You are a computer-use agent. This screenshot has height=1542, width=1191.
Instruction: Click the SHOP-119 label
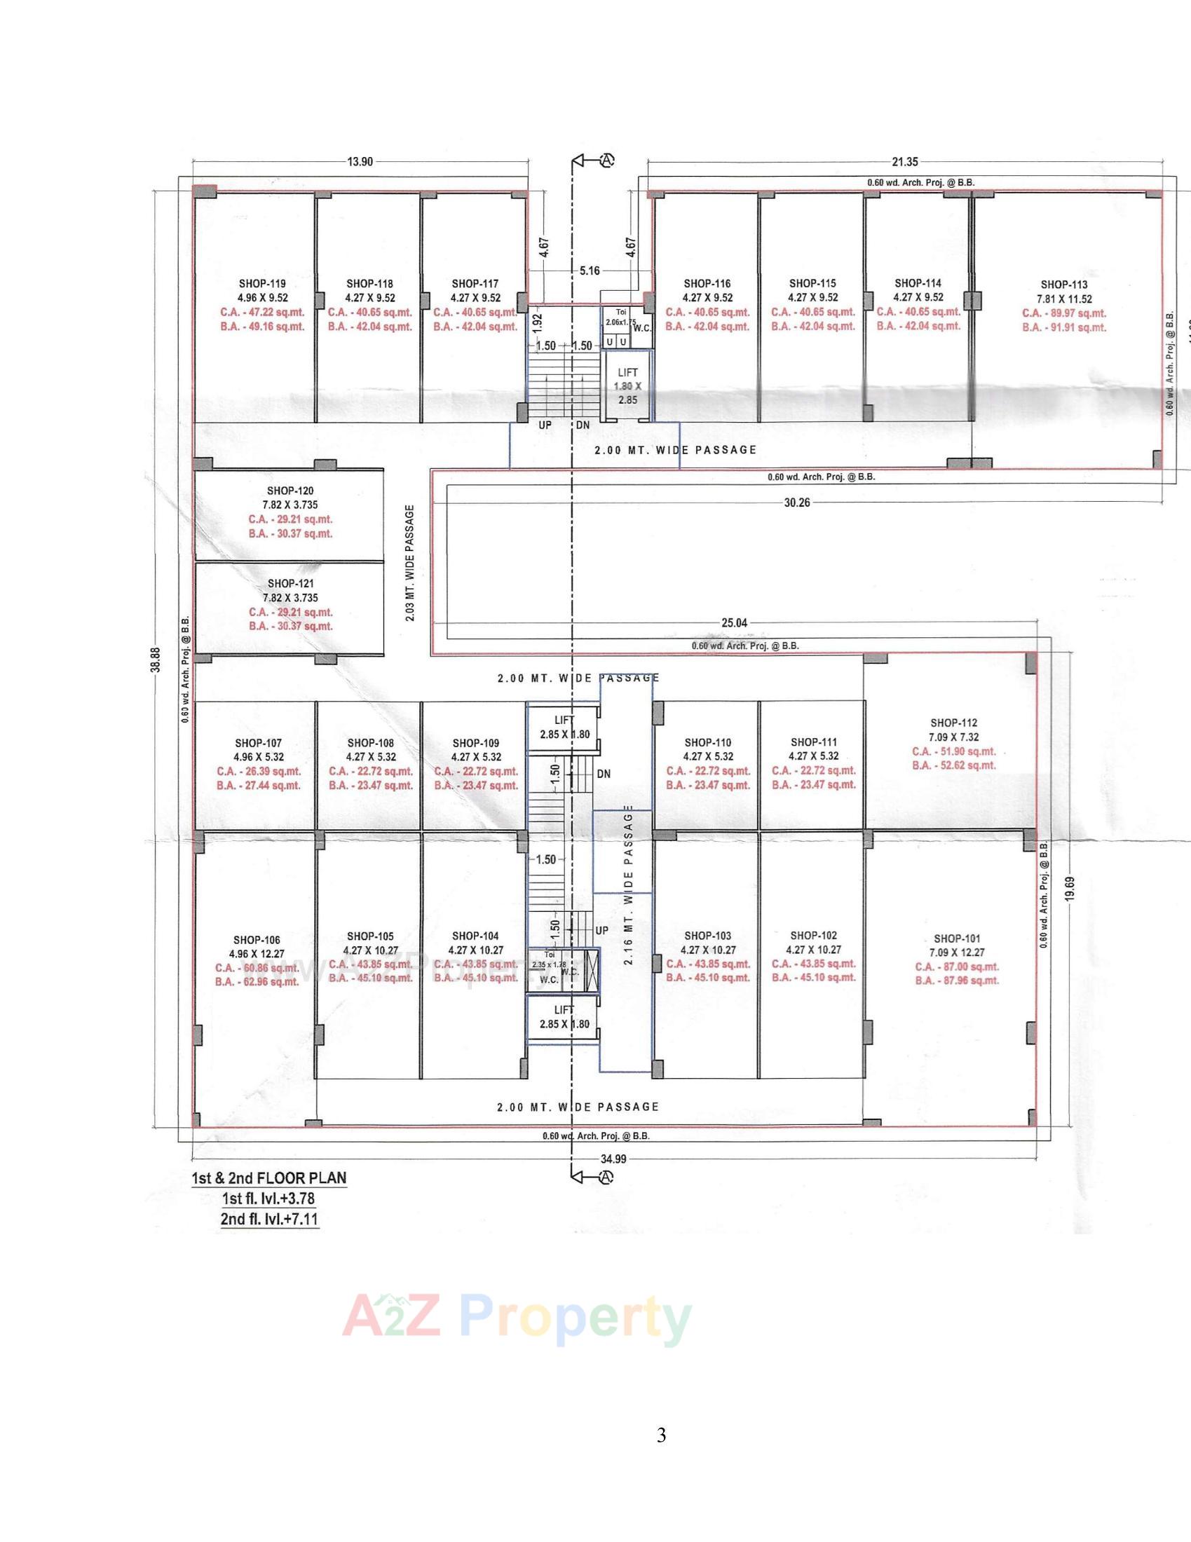[x=263, y=284]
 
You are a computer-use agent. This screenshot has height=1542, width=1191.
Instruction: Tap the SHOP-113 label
[x=1064, y=285]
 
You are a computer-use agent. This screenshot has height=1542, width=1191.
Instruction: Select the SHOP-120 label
[x=290, y=491]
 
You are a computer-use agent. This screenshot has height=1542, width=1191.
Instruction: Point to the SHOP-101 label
[x=957, y=939]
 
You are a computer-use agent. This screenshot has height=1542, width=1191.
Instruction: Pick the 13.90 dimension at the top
[x=360, y=162]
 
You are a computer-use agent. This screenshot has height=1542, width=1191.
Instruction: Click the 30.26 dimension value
[x=797, y=502]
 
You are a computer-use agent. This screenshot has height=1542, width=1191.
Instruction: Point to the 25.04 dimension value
[x=734, y=622]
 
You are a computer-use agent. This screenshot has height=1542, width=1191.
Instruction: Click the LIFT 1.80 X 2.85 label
[x=627, y=385]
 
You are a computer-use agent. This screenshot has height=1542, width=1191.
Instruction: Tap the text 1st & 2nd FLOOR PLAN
[x=269, y=1178]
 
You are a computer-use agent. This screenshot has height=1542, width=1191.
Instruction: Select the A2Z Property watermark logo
[x=516, y=1316]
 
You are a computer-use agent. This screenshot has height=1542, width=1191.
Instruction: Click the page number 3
[x=661, y=1435]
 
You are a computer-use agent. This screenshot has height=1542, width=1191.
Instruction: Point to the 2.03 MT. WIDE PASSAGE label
[x=410, y=563]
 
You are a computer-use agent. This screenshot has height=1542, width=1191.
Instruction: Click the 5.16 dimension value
[x=590, y=271]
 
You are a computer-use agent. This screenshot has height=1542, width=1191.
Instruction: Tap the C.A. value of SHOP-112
[x=954, y=751]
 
